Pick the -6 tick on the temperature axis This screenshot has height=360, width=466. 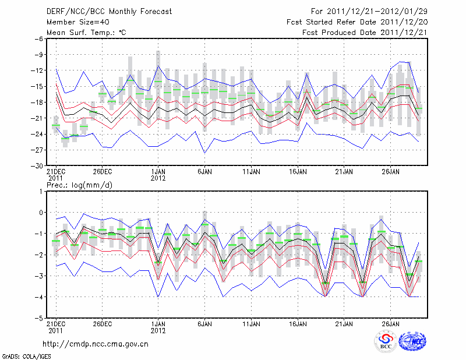pos(38,39)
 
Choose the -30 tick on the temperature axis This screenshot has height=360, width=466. pos(36,166)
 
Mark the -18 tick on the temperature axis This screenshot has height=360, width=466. pos(36,103)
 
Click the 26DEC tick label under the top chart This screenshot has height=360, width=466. pos(102,172)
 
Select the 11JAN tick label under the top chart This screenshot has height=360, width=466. pos(251,172)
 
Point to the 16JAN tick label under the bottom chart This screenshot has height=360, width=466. pos(298,323)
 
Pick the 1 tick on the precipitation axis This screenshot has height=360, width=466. pos(41,191)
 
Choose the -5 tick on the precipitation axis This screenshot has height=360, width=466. pos(38,319)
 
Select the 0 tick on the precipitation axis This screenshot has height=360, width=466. pos(41,213)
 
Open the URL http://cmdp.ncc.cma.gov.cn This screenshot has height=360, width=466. pos(96,344)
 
